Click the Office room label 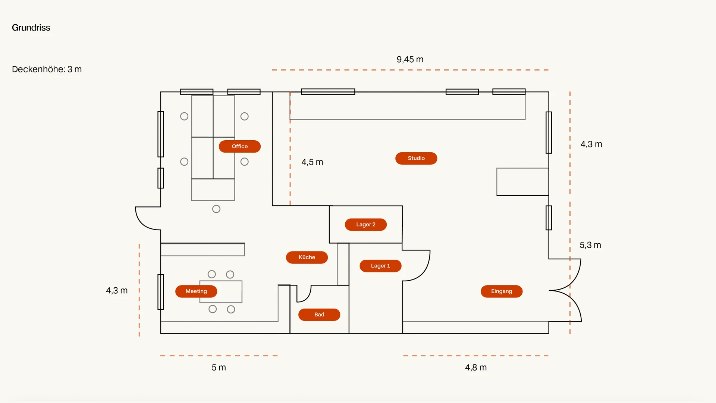pos(239,146)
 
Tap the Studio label pos(416,158)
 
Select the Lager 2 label pos(365,225)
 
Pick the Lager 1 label pos(380,266)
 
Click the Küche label pos(307,257)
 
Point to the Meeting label pos(196,291)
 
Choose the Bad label pos(319,315)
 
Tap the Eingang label pos(502,291)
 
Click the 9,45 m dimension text pos(410,60)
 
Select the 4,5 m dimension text pos(312,162)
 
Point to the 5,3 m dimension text pos(590,245)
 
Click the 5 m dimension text pos(219,368)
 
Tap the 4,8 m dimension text pos(476,368)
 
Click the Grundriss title pos(31,28)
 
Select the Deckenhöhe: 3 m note pos(47,69)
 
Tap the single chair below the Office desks pos(216,209)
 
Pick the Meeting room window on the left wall pos(161,292)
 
